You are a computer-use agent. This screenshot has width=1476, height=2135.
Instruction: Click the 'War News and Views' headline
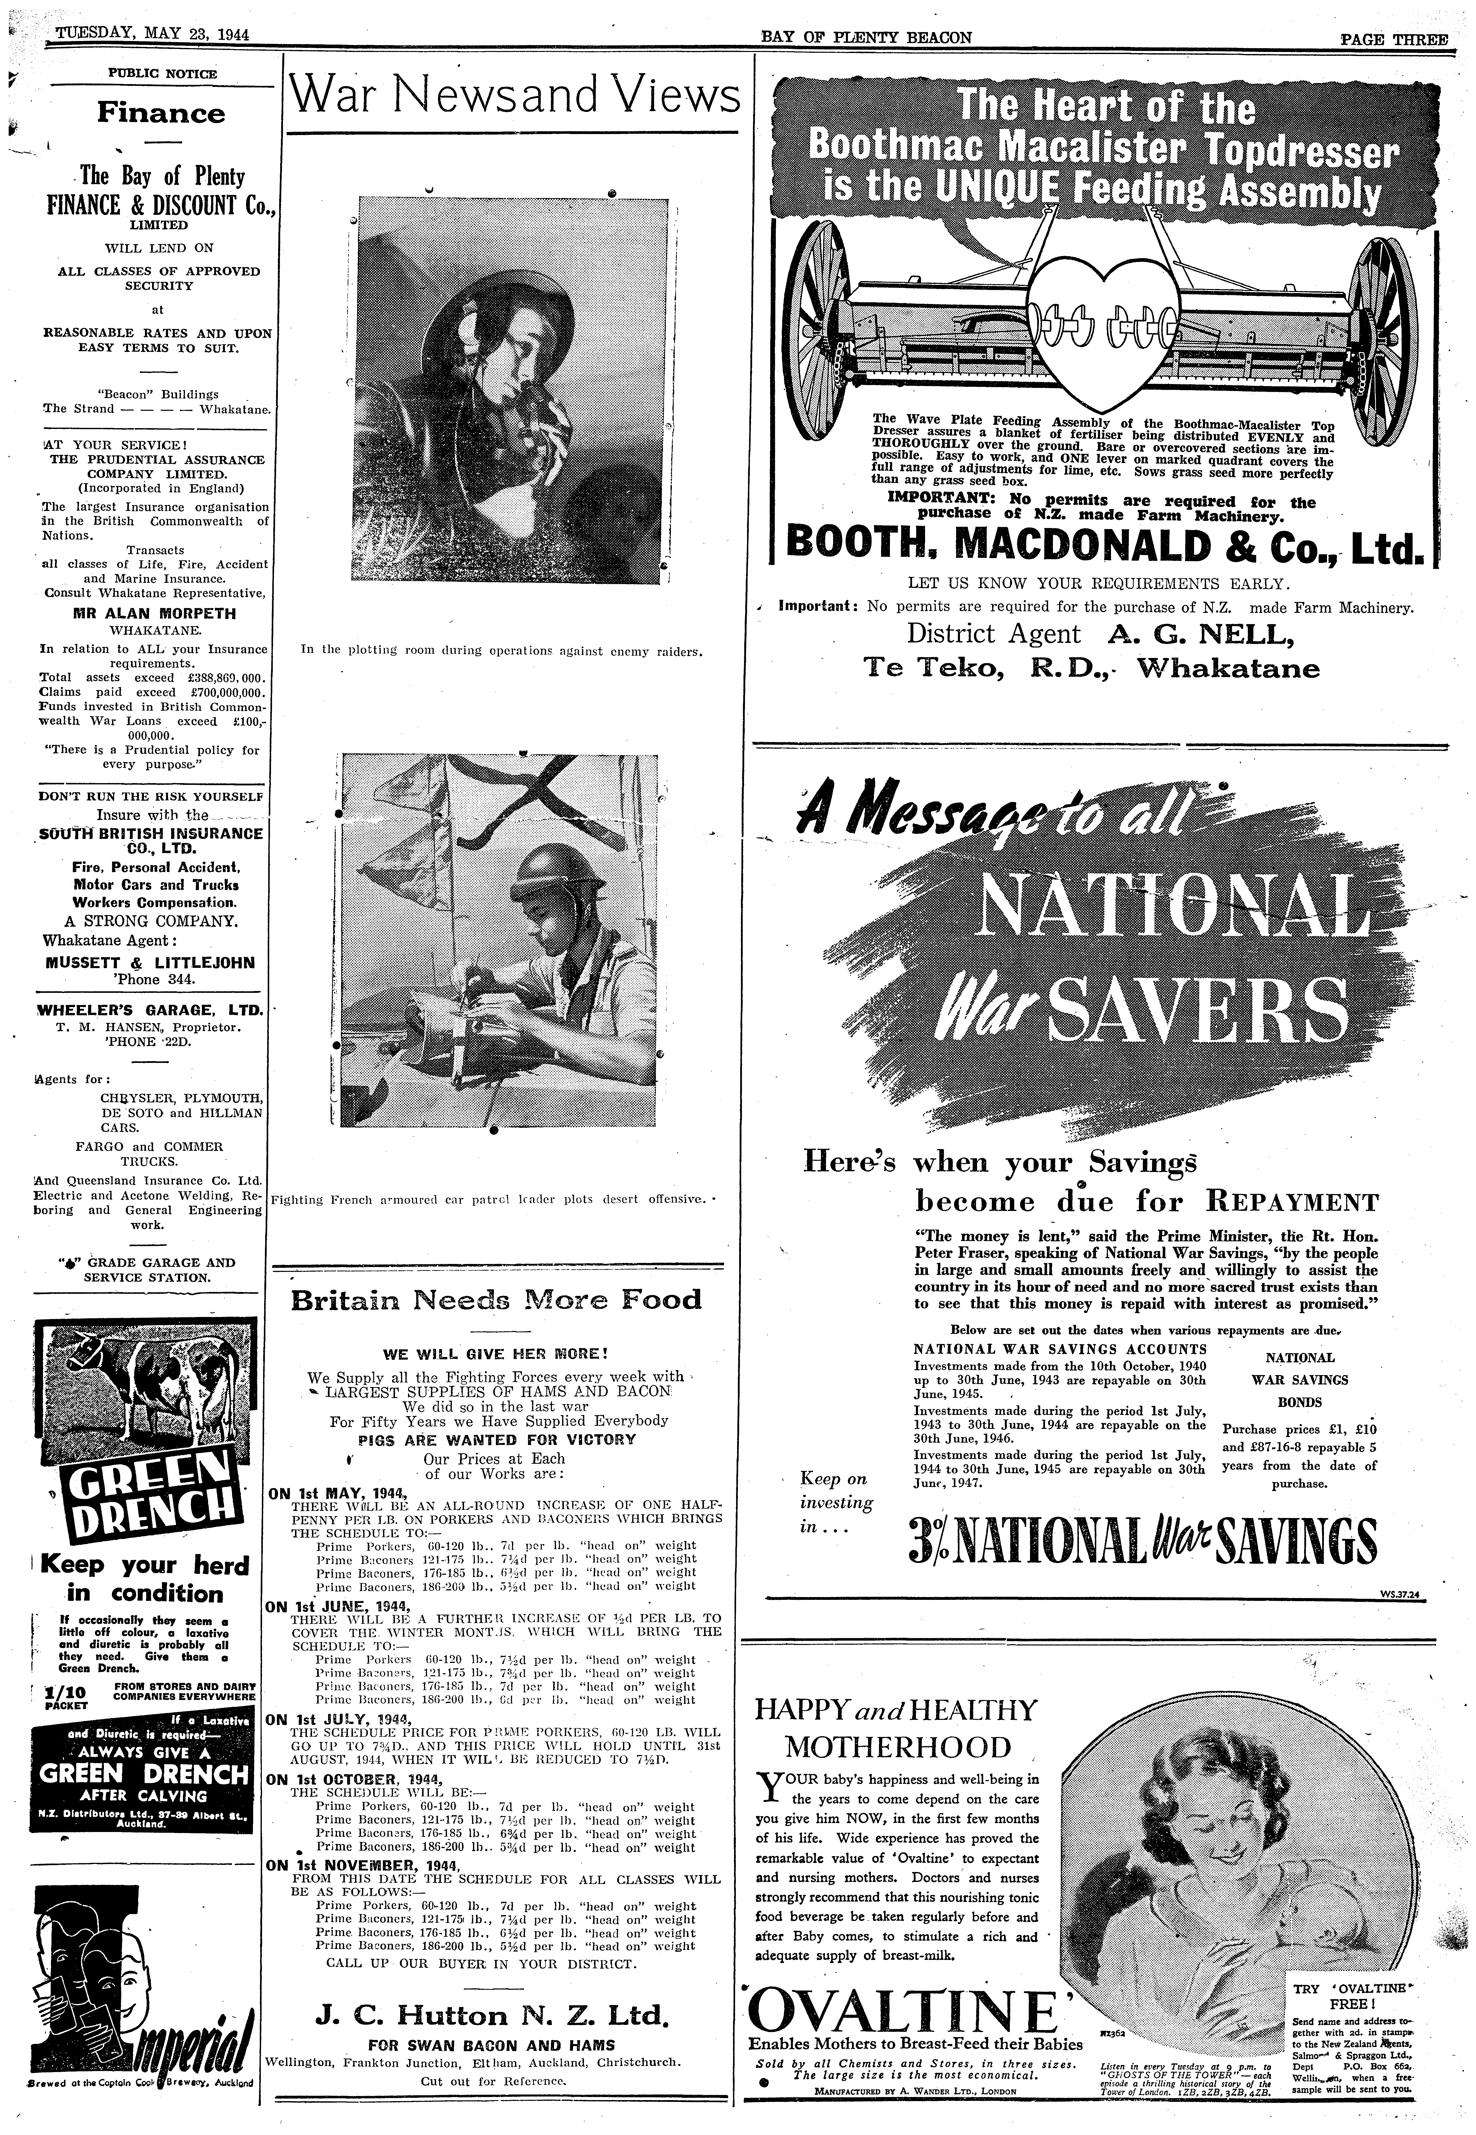[x=514, y=96]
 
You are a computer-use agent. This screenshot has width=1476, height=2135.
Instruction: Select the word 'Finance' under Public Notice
[x=161, y=114]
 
